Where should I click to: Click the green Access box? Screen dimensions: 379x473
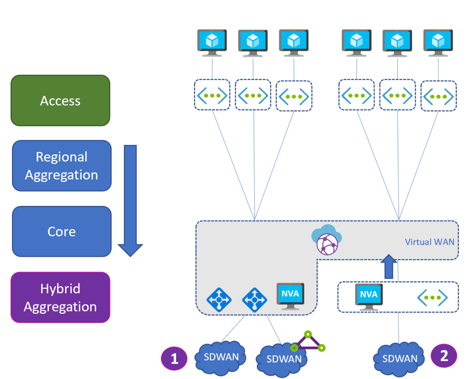click(60, 101)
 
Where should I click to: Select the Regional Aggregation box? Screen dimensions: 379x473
click(61, 166)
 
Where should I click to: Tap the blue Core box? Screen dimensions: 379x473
click(61, 231)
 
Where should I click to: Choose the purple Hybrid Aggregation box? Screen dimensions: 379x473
click(60, 297)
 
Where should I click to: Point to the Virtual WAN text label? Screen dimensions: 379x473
click(430, 242)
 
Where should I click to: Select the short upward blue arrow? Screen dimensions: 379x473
click(389, 267)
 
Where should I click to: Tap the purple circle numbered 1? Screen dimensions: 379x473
click(174, 359)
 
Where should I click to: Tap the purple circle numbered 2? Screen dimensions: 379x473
click(444, 355)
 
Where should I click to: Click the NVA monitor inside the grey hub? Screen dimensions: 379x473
click(290, 296)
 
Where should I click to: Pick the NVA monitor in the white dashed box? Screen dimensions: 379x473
click(369, 297)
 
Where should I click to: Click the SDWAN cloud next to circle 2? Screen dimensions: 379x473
click(400, 358)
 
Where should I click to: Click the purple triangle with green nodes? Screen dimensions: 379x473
click(308, 342)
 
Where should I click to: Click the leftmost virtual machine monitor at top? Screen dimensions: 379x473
click(212, 43)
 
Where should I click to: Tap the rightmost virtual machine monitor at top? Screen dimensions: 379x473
click(438, 43)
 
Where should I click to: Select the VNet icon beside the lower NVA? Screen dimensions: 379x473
click(432, 297)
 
